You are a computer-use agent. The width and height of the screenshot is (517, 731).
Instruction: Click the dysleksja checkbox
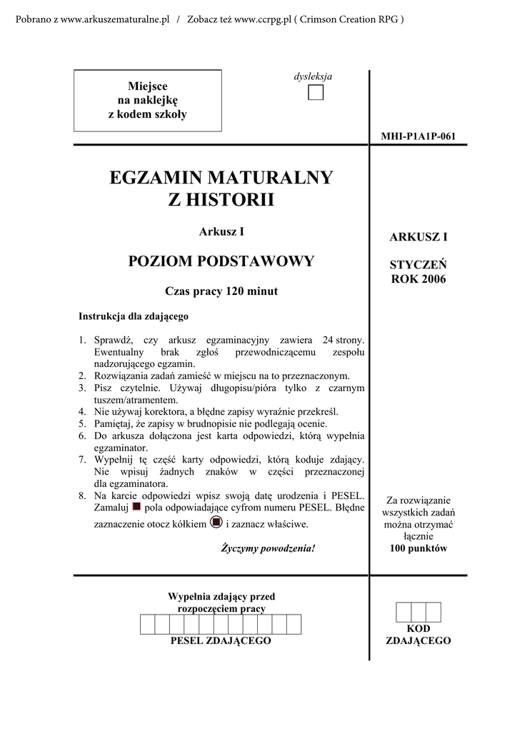(316, 93)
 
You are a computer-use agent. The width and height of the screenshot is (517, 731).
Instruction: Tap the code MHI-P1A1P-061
(418, 136)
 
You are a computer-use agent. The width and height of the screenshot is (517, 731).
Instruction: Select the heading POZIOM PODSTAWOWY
(221, 261)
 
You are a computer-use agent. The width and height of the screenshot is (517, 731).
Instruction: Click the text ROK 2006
(418, 279)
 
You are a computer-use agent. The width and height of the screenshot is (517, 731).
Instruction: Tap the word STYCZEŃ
(418, 266)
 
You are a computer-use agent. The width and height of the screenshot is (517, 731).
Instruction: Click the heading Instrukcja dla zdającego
(134, 316)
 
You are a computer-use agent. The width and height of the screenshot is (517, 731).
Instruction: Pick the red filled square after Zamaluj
(136, 506)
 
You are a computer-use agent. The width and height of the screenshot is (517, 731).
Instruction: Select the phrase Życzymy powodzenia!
(268, 548)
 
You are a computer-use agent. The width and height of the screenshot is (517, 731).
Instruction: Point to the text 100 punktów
(418, 548)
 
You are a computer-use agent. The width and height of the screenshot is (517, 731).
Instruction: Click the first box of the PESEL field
(147, 624)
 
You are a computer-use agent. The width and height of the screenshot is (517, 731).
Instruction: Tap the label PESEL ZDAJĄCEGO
(221, 641)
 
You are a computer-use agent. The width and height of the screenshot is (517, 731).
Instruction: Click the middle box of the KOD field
(418, 612)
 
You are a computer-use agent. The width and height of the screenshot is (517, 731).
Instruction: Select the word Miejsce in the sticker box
(147, 86)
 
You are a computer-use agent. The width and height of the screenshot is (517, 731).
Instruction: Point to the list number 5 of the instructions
(82, 424)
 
